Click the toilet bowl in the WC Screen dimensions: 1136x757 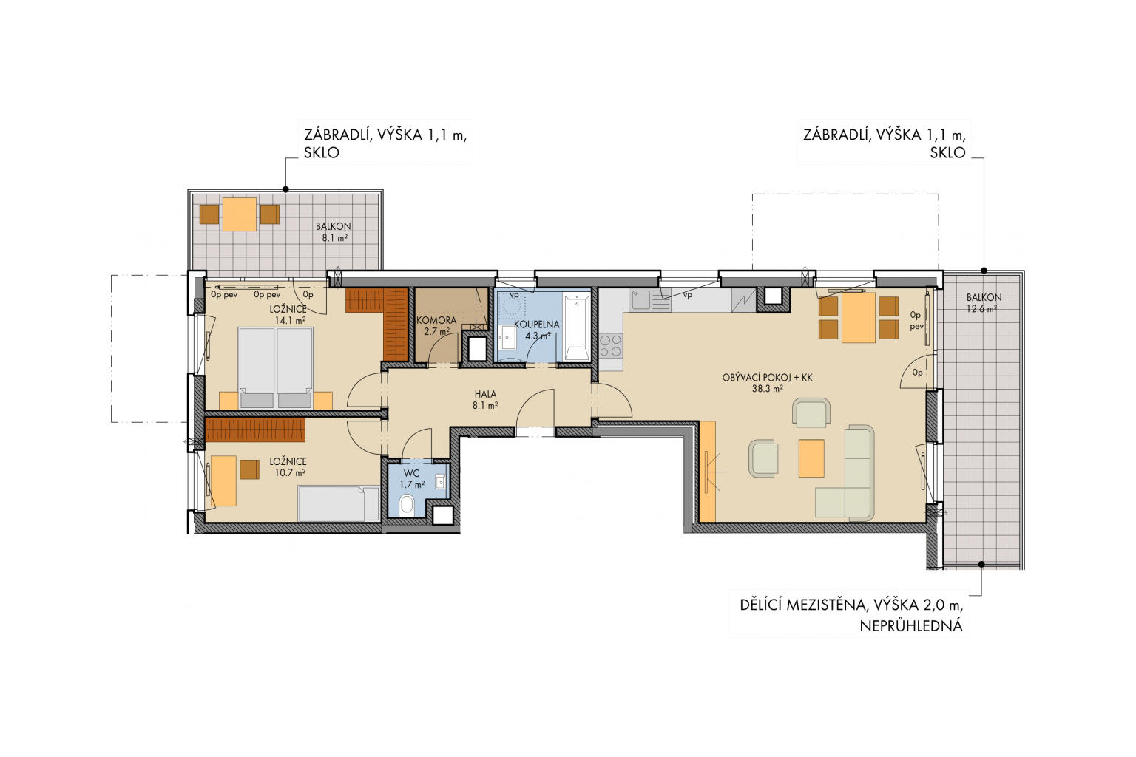pos(407,506)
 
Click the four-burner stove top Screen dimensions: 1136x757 pos(611,345)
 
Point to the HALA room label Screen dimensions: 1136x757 pos(485,394)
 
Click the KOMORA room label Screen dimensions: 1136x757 pos(436,320)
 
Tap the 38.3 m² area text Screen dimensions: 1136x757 pos(767,389)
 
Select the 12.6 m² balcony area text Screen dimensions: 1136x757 pos(981,308)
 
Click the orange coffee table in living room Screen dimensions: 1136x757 pos(811,458)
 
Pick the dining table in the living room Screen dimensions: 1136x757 pos(859,317)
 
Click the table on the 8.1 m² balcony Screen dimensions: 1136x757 pos(240,214)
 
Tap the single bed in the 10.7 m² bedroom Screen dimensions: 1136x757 pos(339,503)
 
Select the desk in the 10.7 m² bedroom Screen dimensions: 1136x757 pos(223,481)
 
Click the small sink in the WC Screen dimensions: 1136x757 pos(440,481)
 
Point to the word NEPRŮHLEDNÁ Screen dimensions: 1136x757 pos(911,626)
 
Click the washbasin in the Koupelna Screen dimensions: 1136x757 pos(507,336)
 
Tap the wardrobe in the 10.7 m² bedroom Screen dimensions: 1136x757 pos(256,430)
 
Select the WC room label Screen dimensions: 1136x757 pos(411,473)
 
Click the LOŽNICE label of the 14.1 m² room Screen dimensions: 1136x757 pos(288,309)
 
